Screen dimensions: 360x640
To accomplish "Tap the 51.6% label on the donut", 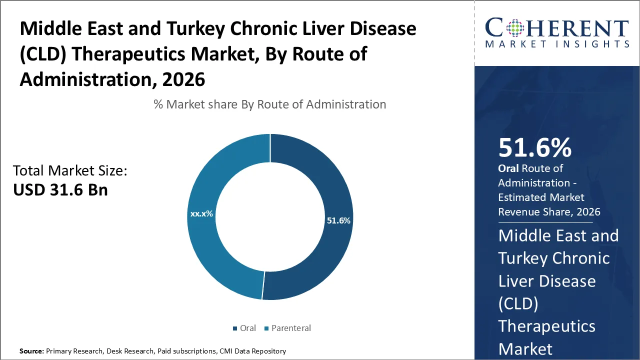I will (x=338, y=220).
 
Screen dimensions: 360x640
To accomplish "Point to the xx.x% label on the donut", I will (x=201, y=213).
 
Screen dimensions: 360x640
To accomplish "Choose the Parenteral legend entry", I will (x=287, y=328).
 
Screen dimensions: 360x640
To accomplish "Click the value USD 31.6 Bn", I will (x=60, y=190).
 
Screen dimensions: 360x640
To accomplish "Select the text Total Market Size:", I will (x=70, y=171).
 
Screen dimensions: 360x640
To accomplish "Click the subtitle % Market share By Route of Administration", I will (x=270, y=104).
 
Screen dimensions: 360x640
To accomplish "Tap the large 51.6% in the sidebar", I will (x=534, y=148).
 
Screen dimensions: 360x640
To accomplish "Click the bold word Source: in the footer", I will (x=31, y=351).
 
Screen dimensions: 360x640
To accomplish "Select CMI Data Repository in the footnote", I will (x=252, y=351).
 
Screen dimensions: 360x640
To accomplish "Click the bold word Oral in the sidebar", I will (x=508, y=168).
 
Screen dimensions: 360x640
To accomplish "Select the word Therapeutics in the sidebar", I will (x=546, y=326).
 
